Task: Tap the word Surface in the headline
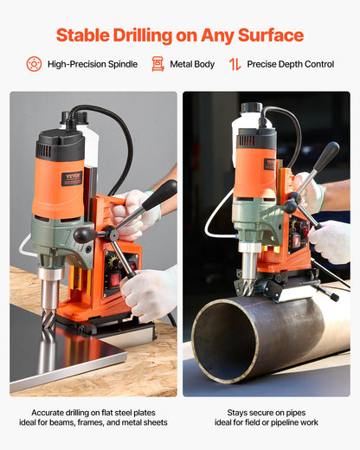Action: tap(268, 35)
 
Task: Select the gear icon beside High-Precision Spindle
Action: tap(34, 64)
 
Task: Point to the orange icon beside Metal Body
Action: tap(157, 64)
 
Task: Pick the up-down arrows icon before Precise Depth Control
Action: tap(235, 64)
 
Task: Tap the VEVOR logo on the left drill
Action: tap(72, 178)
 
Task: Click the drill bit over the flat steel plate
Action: tap(49, 312)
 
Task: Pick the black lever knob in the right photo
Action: tap(327, 156)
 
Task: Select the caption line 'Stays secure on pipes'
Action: tap(267, 412)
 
